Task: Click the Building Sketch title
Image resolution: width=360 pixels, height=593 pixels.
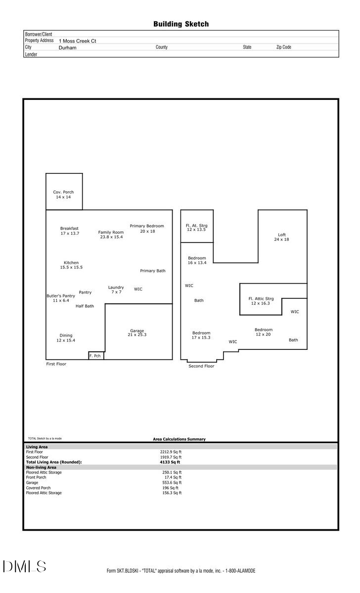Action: point(180,24)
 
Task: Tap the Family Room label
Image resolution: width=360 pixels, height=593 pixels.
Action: point(111,235)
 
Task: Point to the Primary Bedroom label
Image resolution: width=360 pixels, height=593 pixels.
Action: point(147,228)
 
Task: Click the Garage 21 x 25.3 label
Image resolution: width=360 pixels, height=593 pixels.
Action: point(137,333)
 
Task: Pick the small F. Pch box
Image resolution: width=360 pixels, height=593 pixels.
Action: point(95,355)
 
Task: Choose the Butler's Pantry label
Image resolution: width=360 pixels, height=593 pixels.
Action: point(61,298)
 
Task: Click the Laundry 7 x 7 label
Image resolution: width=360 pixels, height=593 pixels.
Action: point(116,290)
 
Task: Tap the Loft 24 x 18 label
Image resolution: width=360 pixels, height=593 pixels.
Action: point(281,237)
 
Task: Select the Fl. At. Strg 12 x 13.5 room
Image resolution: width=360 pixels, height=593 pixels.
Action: point(197,227)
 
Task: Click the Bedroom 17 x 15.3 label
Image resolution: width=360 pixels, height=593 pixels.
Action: point(201,335)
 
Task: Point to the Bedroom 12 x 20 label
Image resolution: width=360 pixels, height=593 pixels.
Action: point(264,332)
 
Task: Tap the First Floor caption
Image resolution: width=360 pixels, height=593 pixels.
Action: point(56,364)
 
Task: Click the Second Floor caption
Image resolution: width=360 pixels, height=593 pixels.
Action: point(201,366)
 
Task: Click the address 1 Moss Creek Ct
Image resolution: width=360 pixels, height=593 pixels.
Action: point(77,41)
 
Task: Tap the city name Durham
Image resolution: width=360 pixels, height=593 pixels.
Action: point(67,48)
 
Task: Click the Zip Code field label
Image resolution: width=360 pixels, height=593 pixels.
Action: point(283,47)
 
